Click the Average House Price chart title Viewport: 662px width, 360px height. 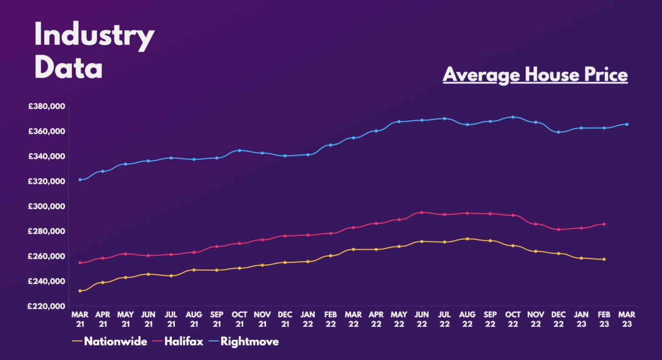point(535,74)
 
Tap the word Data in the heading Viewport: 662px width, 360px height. point(68,68)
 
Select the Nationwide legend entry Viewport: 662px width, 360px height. point(115,342)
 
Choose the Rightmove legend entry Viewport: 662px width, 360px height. point(249,342)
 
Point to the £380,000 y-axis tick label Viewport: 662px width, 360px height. point(47,106)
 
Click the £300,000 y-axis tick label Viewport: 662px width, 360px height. point(47,206)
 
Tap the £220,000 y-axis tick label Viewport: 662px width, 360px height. point(47,306)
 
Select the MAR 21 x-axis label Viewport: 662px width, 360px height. point(80,318)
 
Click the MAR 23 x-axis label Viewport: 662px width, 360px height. point(627,318)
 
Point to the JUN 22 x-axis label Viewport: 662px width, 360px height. point(422,318)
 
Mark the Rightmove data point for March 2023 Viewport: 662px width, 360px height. point(627,125)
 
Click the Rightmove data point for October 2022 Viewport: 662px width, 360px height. point(513,117)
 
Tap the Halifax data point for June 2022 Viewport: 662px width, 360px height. point(422,212)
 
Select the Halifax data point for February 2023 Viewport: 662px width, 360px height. point(604,224)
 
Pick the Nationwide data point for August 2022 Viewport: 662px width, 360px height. point(467,239)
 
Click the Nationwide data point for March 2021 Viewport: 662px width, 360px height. point(80,291)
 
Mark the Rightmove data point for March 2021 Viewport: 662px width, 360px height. point(80,180)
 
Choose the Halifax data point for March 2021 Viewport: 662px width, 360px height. point(80,263)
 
